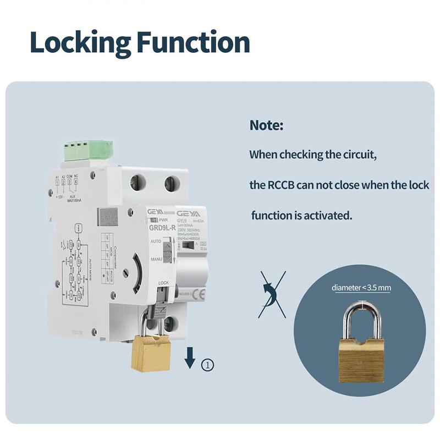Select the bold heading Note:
point(266,125)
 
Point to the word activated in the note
point(327,215)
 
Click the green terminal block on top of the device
point(89,149)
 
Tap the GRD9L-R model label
point(162,227)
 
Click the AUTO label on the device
point(156,241)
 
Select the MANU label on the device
point(156,258)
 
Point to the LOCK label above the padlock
point(163,283)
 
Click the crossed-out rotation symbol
point(272,294)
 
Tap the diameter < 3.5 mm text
point(361,287)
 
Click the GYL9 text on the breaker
point(184,219)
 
